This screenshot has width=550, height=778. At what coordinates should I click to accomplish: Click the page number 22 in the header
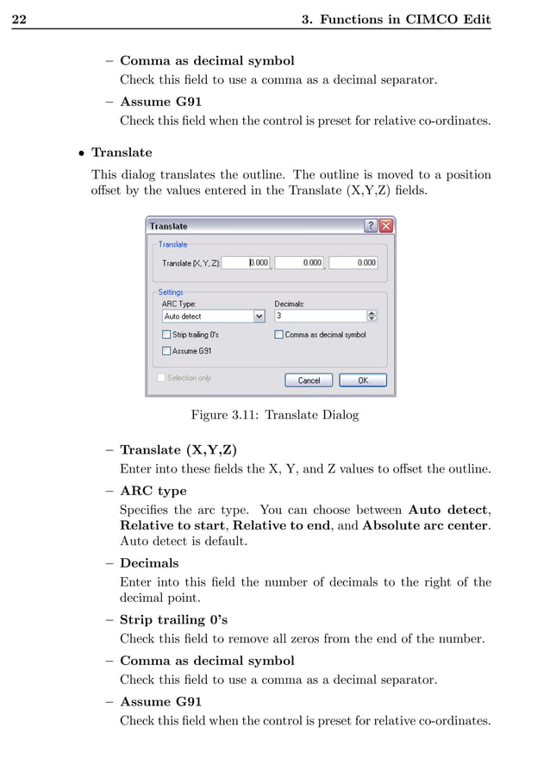pos(19,19)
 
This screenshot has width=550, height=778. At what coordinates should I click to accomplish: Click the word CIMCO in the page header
pos(427,19)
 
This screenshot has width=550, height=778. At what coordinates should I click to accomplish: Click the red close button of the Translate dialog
pos(385,226)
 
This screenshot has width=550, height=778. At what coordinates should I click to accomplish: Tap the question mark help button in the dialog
pos(371,226)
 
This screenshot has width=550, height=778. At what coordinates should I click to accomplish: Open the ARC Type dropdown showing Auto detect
pos(259,317)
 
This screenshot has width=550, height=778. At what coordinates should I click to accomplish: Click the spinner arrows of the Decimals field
pos(372,317)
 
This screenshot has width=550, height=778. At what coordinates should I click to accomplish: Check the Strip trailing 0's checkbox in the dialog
pos(166,335)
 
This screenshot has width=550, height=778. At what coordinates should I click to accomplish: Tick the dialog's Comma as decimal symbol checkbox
pos(279,335)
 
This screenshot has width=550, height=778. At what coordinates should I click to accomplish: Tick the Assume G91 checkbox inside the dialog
pos(166,351)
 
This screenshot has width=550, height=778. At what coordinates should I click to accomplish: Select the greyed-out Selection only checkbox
pos(161,378)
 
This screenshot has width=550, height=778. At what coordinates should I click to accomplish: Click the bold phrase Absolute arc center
pos(426,525)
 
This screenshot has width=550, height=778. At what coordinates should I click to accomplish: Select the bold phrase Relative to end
pos(281,525)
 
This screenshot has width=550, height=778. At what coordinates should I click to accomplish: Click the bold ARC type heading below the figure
pos(153,492)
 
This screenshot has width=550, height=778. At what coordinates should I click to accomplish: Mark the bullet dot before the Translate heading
pos(80,154)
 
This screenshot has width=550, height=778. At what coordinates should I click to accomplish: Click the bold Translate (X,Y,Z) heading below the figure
pos(178,450)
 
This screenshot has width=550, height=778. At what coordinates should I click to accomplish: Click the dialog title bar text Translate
pos(168,226)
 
